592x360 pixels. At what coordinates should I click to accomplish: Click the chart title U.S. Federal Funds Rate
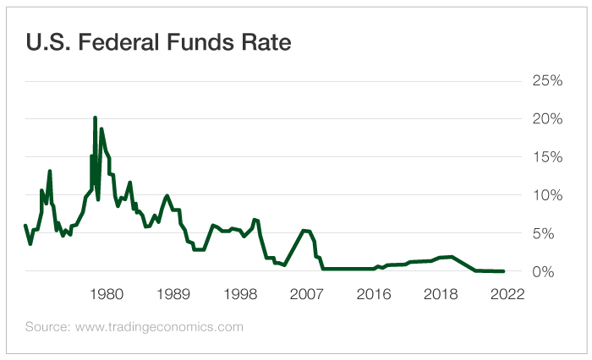click(158, 43)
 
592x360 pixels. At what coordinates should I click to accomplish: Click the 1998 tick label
click(240, 295)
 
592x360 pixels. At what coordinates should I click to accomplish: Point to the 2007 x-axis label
click(308, 295)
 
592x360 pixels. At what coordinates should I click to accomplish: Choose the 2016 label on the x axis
click(374, 295)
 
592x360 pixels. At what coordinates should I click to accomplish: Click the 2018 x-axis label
click(441, 295)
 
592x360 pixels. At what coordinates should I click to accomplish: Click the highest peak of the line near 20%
click(95, 117)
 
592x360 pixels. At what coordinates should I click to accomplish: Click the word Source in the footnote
click(46, 326)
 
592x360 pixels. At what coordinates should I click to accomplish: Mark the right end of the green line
click(504, 271)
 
